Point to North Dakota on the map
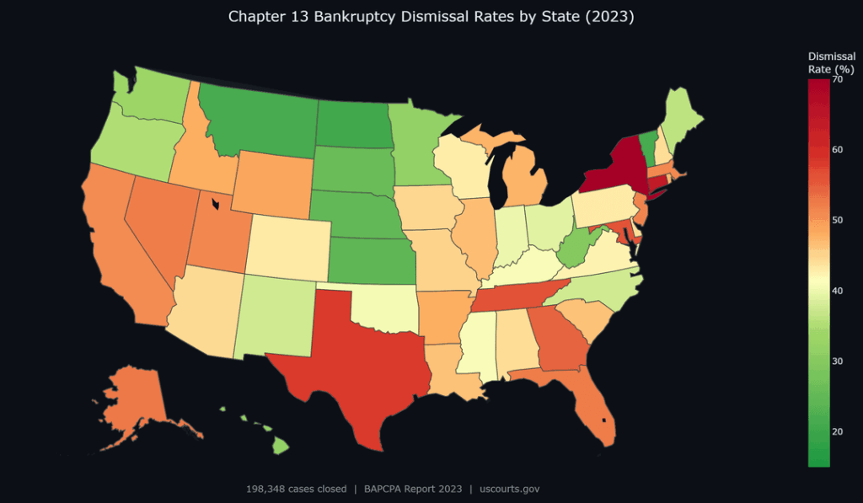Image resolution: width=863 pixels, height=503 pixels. point(352,126)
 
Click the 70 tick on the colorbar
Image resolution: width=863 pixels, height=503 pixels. point(837,80)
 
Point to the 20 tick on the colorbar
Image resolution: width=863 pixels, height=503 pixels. point(837,431)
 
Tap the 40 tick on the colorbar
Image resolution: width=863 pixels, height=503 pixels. point(837,291)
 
